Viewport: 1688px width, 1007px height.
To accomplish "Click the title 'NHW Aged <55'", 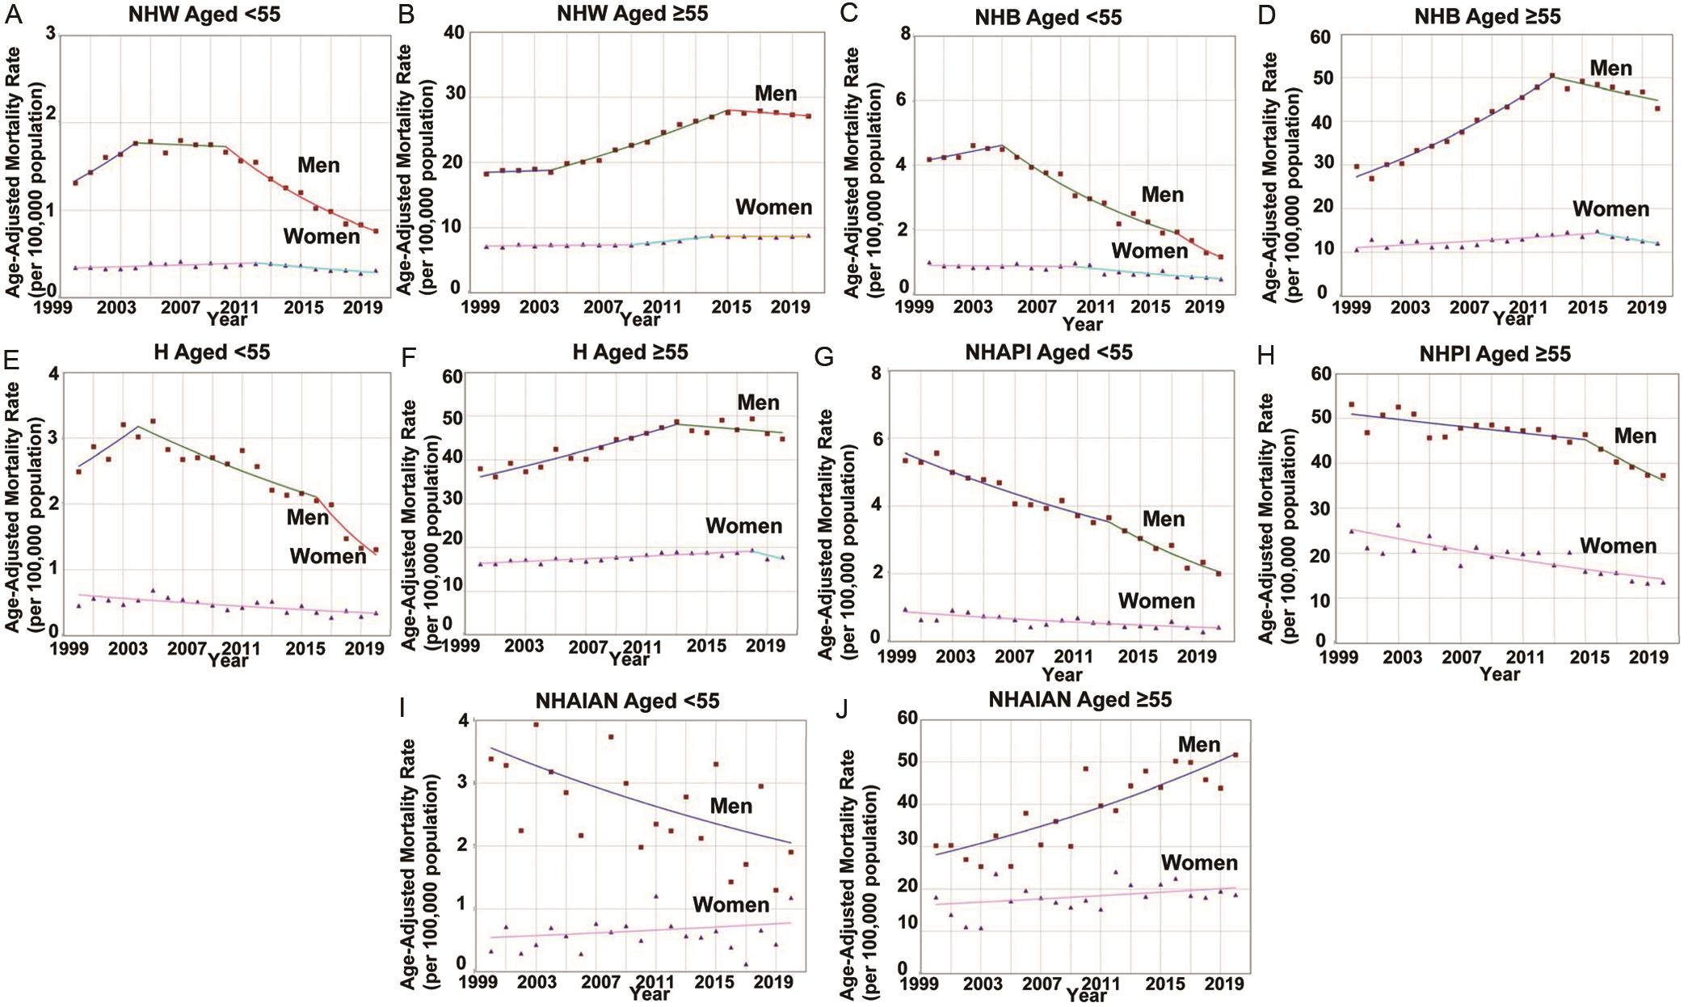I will point(204,15).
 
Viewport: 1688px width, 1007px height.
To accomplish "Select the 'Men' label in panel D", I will point(1610,69).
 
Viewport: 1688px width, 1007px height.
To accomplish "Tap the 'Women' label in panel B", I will point(773,208).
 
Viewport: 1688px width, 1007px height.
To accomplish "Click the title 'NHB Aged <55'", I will point(1048,17).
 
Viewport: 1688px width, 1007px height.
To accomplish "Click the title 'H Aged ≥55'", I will point(629,352).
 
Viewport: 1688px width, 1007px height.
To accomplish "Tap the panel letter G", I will point(823,356).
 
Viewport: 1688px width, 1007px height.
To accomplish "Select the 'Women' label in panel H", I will point(1618,546).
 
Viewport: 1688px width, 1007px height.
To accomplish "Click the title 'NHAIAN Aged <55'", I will point(627,701).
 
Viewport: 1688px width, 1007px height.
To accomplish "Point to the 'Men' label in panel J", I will point(1198,744).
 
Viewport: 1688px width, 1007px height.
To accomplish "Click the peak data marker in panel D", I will point(1552,76).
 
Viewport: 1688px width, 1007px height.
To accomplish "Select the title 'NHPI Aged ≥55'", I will point(1494,354).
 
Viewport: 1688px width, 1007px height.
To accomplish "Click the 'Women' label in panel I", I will point(730,905).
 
